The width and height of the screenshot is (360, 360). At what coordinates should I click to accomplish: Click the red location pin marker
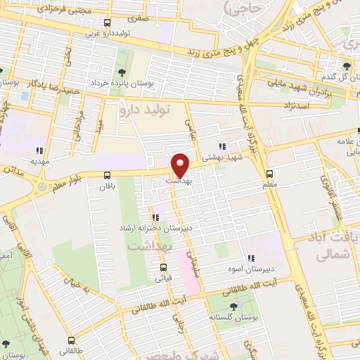[181, 165]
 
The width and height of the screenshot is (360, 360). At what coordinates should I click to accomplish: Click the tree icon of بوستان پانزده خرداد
[122, 72]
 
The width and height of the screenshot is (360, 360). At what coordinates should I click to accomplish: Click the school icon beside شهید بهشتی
[222, 147]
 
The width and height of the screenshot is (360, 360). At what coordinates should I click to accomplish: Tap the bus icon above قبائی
[163, 267]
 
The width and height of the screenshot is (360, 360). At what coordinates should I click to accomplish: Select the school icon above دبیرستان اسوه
[250, 258]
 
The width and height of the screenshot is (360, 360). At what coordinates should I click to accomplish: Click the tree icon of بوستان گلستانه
[233, 306]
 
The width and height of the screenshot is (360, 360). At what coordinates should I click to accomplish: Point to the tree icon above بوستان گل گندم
[346, 67]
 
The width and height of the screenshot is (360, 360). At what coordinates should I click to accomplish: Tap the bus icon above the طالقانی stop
[6, 344]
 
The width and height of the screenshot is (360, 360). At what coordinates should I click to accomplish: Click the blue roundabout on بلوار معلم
[42, 187]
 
